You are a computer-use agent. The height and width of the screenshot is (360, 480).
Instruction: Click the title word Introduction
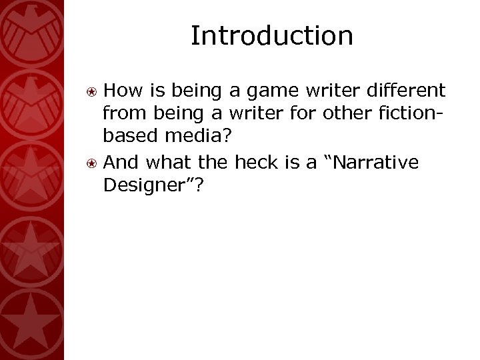pyautogui.click(x=271, y=36)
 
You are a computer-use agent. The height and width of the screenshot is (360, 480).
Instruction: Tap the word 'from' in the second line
pyautogui.click(x=121, y=115)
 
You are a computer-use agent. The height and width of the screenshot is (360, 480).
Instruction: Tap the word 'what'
pyautogui.click(x=167, y=163)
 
